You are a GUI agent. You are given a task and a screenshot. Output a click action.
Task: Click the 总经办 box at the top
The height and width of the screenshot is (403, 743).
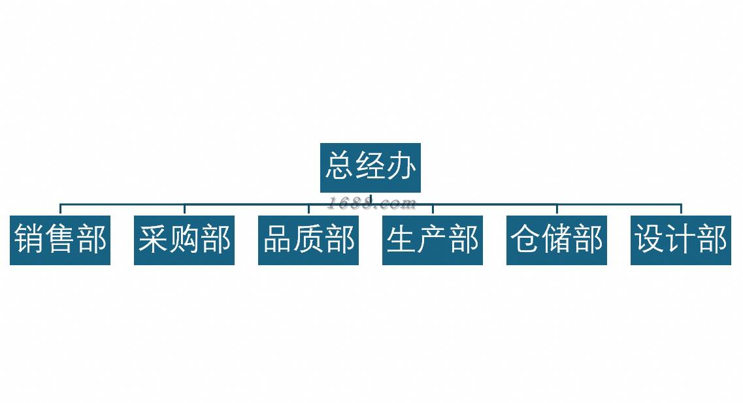[370, 168]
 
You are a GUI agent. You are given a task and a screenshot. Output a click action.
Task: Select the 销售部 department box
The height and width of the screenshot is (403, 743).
[60, 240]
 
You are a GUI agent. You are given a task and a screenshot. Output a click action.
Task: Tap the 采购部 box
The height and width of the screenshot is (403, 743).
[184, 240]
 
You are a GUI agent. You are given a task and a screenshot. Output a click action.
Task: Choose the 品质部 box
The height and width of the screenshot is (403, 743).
[308, 240]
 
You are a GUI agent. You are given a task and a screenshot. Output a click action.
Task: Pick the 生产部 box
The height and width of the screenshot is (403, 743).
[433, 240]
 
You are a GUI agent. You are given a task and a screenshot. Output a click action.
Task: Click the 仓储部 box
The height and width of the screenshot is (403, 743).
[557, 240]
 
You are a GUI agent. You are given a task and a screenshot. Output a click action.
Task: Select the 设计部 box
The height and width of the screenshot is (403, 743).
[681, 240]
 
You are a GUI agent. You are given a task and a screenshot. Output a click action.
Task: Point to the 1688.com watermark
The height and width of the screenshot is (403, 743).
[371, 203]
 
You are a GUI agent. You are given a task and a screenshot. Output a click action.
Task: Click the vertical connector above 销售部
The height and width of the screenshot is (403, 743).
[60, 210]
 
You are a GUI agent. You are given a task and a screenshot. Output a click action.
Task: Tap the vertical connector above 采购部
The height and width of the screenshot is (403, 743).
[184, 210]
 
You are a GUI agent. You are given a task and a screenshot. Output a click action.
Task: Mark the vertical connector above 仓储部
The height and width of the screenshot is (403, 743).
[557, 210]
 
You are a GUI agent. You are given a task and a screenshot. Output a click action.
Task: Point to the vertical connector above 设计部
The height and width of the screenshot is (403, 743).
[681, 210]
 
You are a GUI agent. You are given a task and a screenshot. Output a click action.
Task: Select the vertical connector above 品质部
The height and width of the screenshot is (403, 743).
[308, 210]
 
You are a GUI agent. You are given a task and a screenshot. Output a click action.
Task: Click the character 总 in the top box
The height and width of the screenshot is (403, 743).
[339, 166]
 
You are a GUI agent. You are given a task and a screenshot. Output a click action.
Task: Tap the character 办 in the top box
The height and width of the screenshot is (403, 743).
[401, 166]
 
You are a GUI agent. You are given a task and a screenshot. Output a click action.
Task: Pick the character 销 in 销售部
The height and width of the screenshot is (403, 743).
[29, 238]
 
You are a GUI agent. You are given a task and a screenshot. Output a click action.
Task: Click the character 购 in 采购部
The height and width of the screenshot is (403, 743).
[184, 238]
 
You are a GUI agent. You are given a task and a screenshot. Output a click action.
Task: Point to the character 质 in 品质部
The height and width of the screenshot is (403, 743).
[308, 238]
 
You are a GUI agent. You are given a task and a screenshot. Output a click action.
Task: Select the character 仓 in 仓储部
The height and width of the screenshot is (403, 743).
[525, 238]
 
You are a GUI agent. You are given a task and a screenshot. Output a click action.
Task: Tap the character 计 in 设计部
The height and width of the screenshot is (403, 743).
[681, 238]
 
